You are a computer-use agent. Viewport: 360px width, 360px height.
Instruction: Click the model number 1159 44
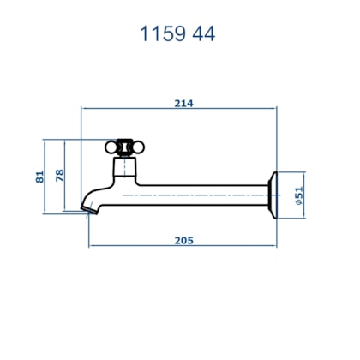pos(177,33)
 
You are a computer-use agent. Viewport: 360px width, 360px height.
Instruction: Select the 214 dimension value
pos(184,103)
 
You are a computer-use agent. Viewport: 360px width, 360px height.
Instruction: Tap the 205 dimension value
pos(184,241)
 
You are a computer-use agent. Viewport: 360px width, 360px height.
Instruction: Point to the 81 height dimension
pos(40,177)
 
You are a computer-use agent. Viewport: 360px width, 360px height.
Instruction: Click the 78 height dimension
pos(60,175)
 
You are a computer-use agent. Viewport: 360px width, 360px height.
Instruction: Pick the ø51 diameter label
pos(299,195)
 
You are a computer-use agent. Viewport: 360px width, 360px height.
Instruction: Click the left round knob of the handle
pos(111,147)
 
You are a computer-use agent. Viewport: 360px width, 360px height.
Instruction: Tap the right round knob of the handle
pos(138,147)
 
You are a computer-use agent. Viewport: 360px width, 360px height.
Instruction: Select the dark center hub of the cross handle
pos(124,147)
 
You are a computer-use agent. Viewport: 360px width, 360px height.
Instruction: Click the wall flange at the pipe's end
pos(273,195)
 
